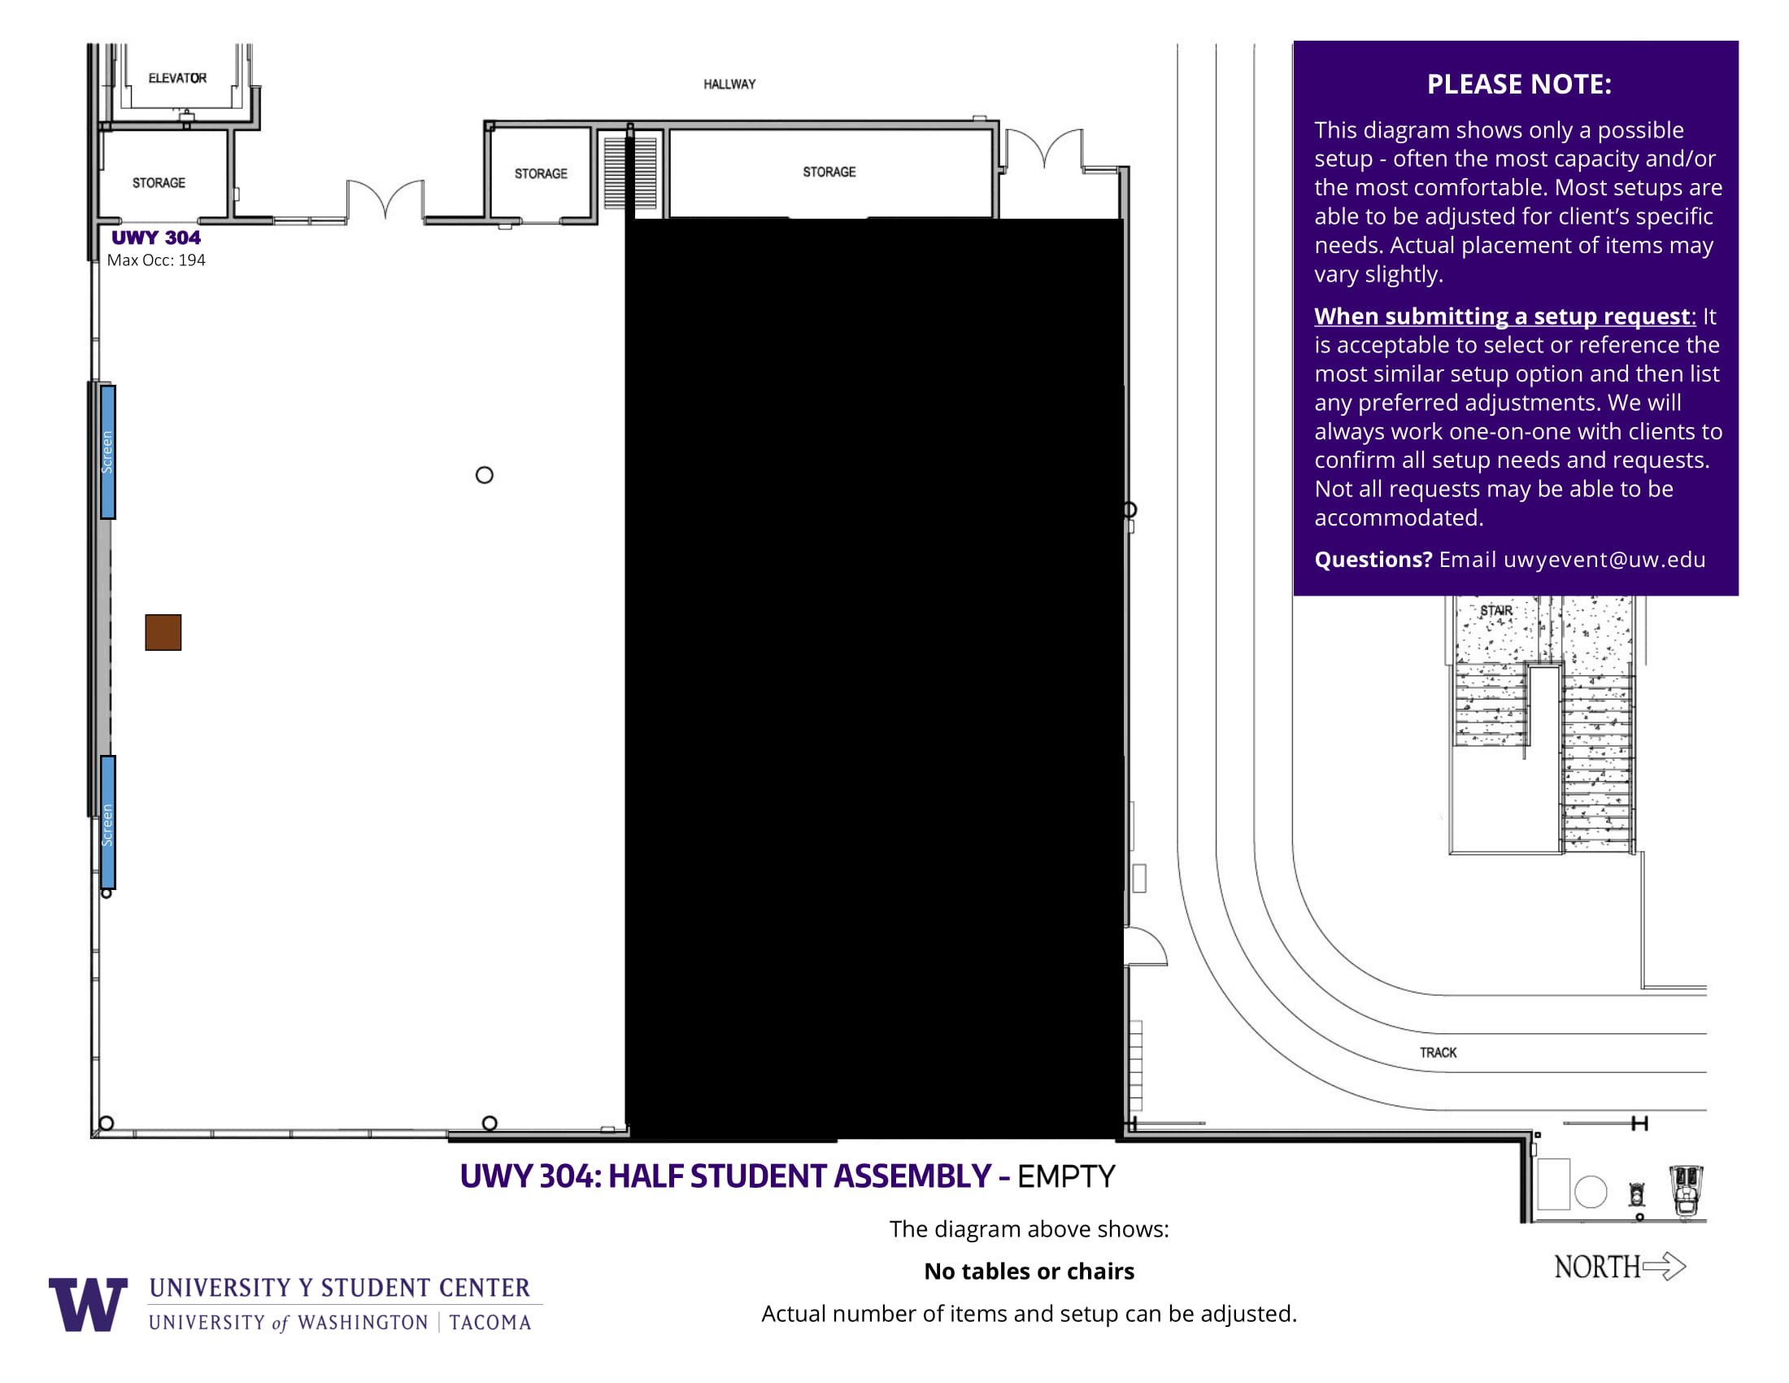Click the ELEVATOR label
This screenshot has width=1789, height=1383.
[177, 78]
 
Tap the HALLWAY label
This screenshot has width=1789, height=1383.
[729, 84]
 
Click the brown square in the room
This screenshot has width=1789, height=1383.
[163, 631]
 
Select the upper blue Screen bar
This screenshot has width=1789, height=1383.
[107, 452]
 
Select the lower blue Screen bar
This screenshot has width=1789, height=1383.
[107, 822]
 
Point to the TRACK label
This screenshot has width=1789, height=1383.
[1438, 1052]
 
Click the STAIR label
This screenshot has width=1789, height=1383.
[1495, 610]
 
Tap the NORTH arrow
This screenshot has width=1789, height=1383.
[1665, 1266]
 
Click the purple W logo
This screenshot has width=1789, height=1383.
[88, 1303]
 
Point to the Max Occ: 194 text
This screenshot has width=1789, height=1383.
[155, 260]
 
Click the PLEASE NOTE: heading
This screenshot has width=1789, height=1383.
[1519, 84]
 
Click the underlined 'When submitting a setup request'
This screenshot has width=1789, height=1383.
[1502, 316]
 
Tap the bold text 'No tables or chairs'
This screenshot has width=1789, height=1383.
[1029, 1271]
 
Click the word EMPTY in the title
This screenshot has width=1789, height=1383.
[1066, 1176]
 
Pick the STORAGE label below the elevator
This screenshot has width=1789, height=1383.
[159, 183]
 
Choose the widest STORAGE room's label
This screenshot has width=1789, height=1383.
[829, 172]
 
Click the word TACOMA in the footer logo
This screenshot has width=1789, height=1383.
[490, 1322]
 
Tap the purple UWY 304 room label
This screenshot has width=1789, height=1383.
[155, 238]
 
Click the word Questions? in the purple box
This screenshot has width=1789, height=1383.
[1373, 559]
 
